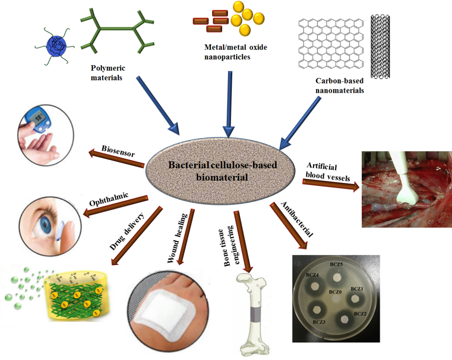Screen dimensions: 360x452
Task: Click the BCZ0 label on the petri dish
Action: (336, 292)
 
